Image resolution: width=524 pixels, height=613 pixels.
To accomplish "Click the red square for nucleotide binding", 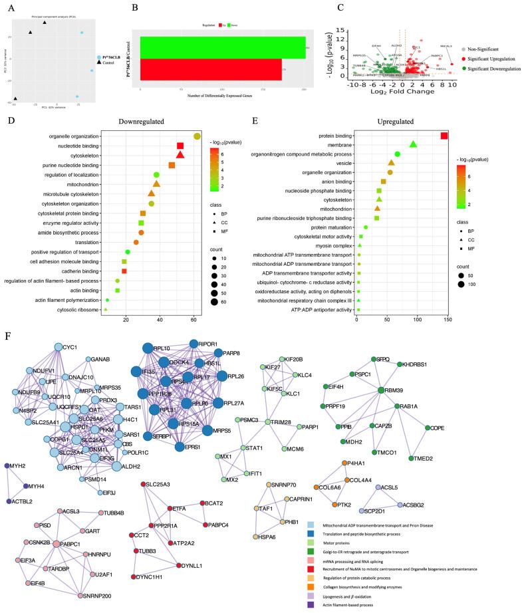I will click(180, 146).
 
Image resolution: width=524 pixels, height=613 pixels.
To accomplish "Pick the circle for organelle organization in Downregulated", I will click(197, 136).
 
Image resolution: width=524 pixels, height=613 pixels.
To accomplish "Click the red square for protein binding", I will click(444, 136).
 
